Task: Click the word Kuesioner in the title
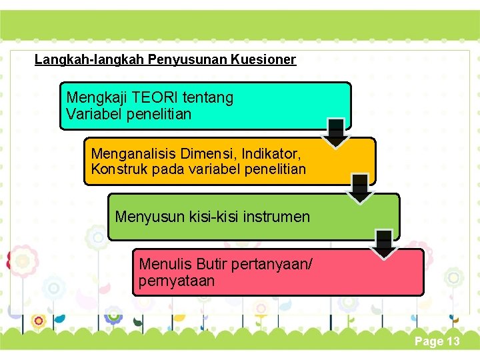263,59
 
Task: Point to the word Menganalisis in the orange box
131,153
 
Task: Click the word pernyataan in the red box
177,281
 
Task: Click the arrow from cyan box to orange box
337,133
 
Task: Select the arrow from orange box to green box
361,189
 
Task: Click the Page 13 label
437,341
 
